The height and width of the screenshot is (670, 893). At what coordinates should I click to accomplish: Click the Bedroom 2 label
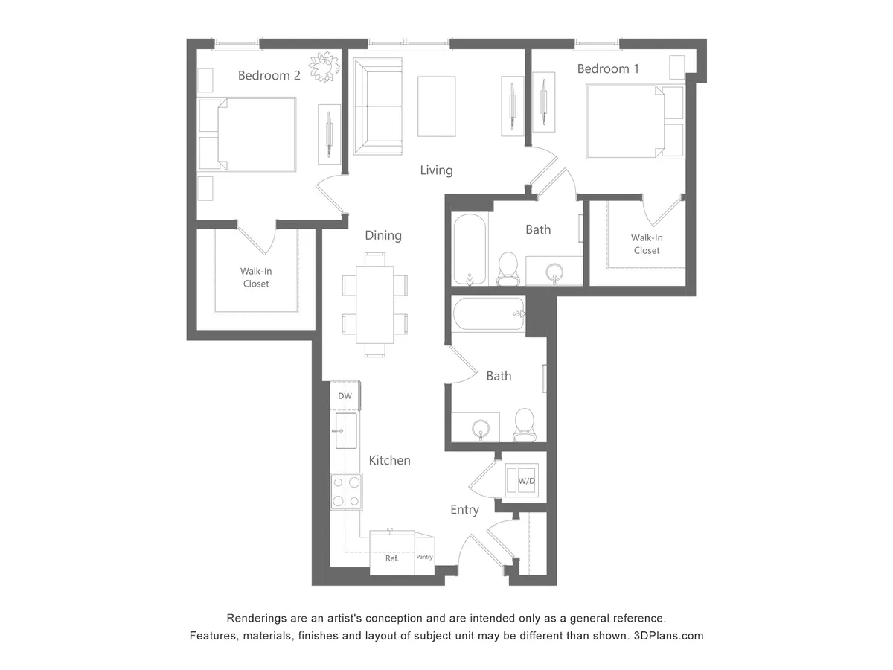[269, 75]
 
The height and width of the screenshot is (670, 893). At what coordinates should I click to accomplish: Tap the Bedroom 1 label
[608, 68]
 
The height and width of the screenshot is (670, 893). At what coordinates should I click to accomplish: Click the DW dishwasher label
[345, 396]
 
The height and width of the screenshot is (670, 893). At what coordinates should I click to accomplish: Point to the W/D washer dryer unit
[526, 480]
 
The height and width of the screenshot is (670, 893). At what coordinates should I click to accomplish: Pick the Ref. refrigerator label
[392, 558]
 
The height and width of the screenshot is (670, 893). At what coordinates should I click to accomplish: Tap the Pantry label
[424, 557]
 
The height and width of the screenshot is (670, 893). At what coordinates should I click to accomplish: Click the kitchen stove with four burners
[346, 491]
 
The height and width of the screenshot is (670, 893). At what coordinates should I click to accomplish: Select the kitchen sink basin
[346, 431]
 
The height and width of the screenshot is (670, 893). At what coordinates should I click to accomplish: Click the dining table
[375, 304]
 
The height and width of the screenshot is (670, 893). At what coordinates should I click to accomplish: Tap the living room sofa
[377, 106]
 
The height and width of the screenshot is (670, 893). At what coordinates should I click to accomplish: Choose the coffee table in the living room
[437, 106]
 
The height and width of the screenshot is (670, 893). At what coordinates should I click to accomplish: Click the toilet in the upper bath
[508, 268]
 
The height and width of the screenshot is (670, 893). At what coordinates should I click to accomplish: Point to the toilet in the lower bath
[525, 423]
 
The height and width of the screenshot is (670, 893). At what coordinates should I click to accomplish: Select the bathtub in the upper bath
[470, 249]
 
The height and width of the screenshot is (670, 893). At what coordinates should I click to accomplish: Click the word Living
[436, 170]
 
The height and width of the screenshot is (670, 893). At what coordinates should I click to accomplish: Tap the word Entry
[464, 510]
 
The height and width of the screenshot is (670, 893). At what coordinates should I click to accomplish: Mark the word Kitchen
[389, 460]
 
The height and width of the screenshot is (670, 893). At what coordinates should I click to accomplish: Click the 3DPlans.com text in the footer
[668, 636]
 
